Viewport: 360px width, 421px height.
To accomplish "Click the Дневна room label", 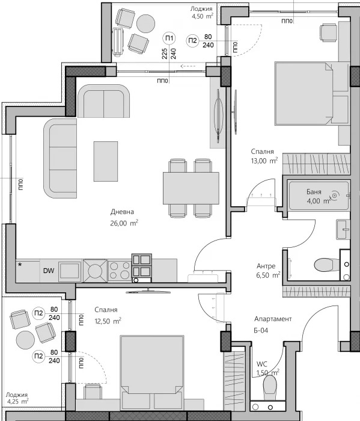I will (x=122, y=212).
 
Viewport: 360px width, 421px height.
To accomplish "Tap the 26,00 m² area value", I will (x=124, y=223).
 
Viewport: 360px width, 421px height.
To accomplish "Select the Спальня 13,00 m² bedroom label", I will (x=264, y=153).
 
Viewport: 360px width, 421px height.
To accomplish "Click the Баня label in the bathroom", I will (x=313, y=192).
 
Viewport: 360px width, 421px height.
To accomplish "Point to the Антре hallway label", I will (x=265, y=266).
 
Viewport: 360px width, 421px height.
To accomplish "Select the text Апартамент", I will (x=273, y=319).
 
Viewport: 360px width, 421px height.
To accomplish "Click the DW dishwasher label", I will (x=49, y=271).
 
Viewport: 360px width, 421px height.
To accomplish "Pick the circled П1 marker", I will (x=169, y=39).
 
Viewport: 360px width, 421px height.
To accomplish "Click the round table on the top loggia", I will (x=146, y=23).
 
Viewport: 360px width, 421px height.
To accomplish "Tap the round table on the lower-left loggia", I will (x=25, y=340).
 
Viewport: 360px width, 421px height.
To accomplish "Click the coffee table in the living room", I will (x=105, y=161).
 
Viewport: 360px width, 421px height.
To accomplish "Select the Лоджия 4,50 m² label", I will (x=201, y=13).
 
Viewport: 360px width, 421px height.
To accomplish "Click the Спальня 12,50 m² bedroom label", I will (x=108, y=315).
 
